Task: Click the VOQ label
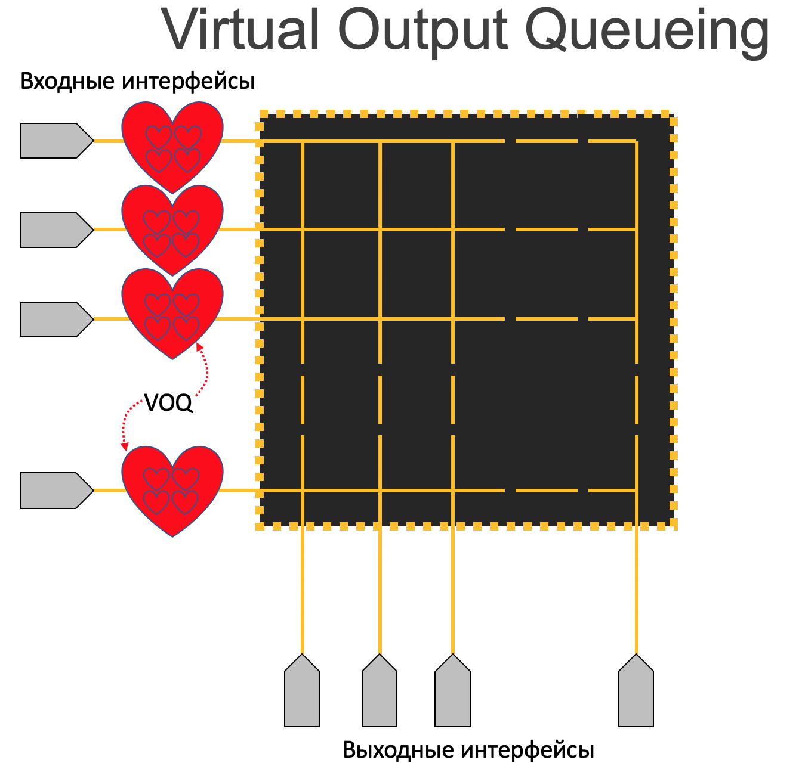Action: (169, 404)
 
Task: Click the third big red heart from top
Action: (172, 310)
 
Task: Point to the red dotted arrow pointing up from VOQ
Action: (204, 370)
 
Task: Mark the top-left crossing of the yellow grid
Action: (303, 141)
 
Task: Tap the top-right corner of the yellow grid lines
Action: (636, 141)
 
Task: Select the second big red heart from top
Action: (172, 227)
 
